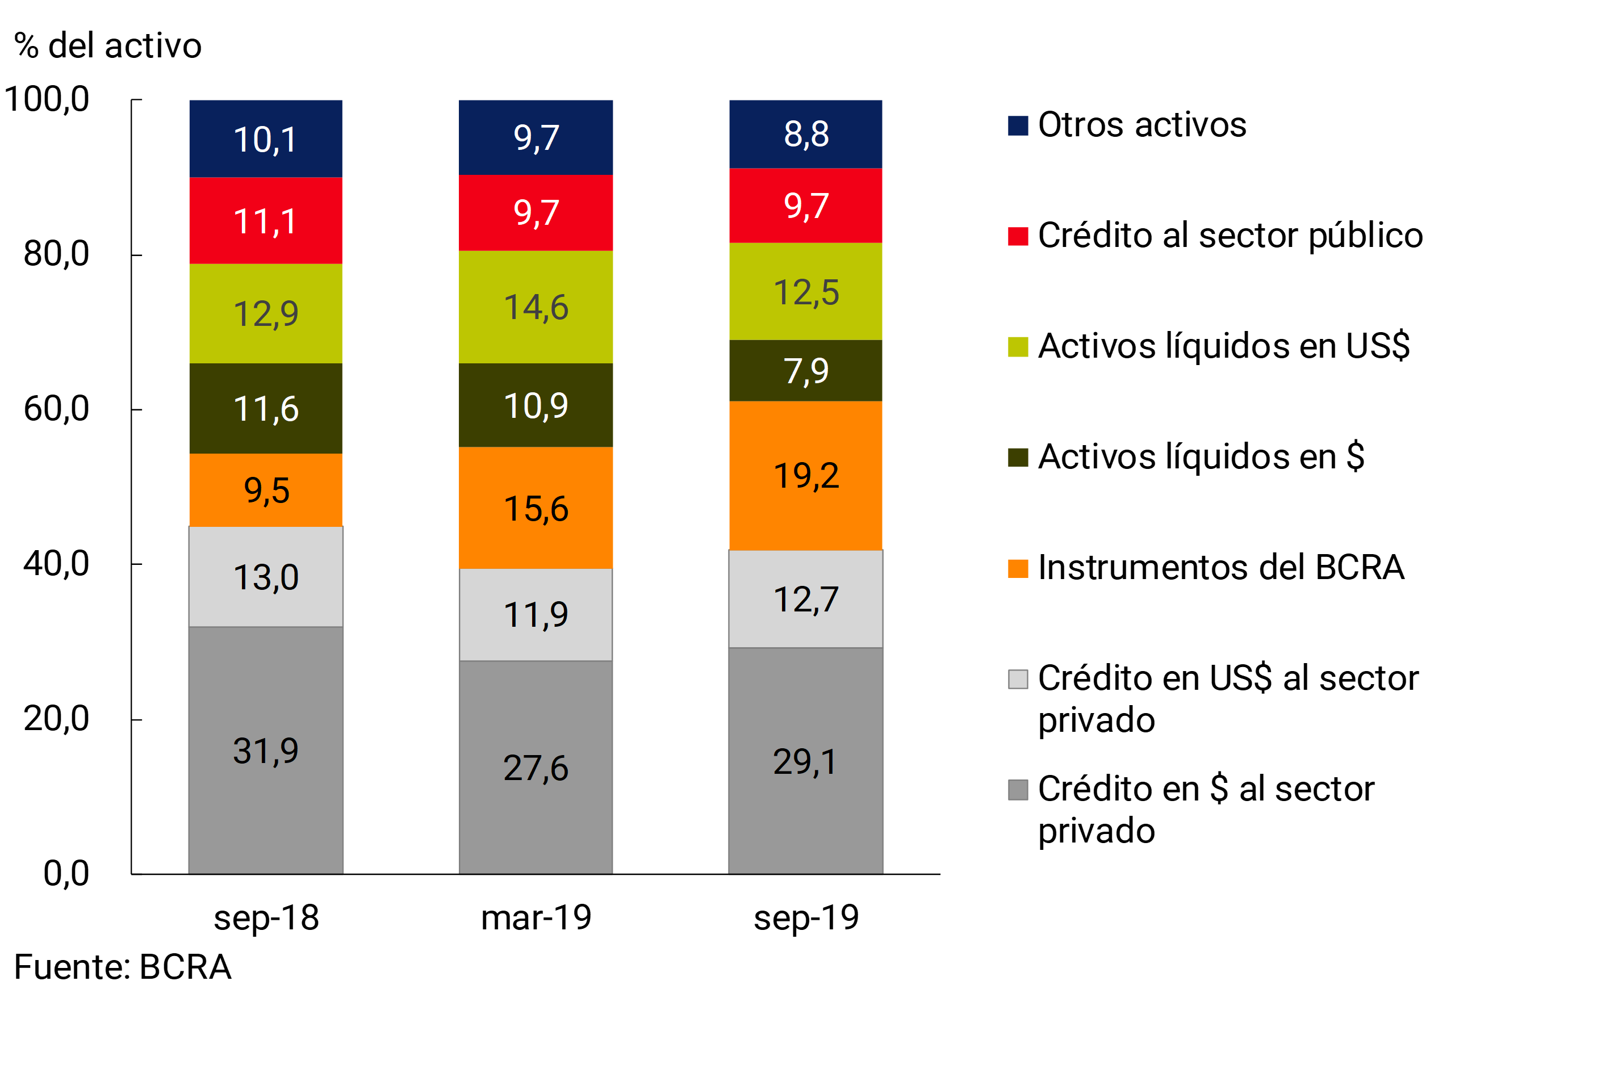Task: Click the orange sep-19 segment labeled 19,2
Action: pos(806,476)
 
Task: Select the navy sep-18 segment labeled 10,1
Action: pos(266,139)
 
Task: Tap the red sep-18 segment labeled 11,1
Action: pos(266,220)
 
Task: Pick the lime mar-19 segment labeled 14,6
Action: pos(536,307)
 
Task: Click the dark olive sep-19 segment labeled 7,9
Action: pos(806,370)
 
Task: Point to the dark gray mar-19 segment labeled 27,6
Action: pos(536,767)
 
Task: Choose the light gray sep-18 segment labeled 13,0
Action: pos(266,576)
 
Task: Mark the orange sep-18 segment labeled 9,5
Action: pos(266,490)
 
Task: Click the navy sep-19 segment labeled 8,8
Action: pos(806,134)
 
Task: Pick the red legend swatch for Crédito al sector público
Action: pos(1018,236)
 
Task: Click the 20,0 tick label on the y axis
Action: pos(56,719)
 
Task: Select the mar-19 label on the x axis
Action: pos(536,917)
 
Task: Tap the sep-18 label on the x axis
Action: pos(266,917)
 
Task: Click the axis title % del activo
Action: pos(107,46)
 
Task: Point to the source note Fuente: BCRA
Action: pos(123,967)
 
